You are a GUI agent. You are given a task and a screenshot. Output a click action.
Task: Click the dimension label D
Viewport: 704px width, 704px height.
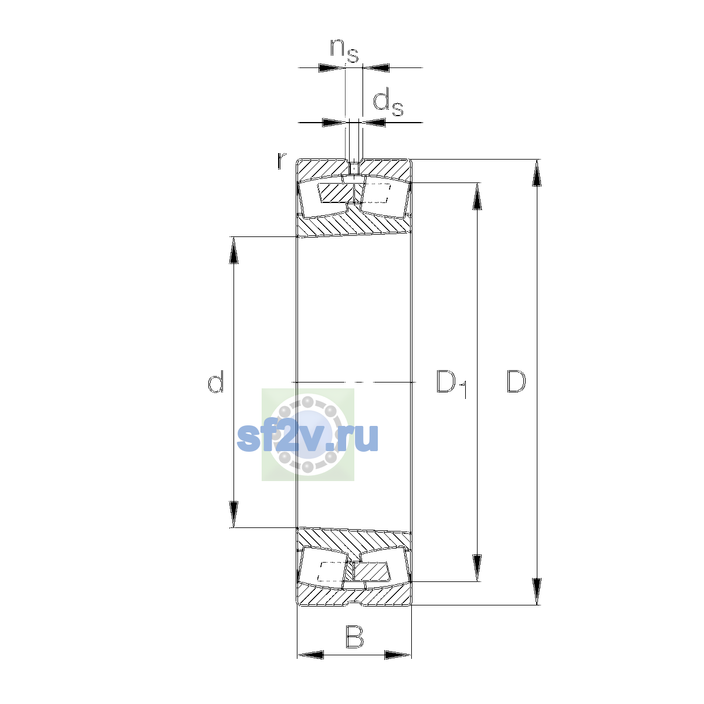516,382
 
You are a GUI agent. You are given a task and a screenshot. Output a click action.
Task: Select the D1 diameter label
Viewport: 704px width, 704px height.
452,384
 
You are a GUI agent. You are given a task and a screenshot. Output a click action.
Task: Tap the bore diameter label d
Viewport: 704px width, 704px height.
215,381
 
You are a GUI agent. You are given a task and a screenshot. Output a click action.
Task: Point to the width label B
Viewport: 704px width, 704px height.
354,637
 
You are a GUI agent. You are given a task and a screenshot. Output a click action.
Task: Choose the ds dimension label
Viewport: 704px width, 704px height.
388,103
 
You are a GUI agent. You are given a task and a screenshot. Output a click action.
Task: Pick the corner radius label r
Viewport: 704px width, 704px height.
281,161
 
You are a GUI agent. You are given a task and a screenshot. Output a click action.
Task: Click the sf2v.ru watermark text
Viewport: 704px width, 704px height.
307,438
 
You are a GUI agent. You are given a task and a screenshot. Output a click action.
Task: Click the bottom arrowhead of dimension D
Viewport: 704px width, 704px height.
536,592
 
